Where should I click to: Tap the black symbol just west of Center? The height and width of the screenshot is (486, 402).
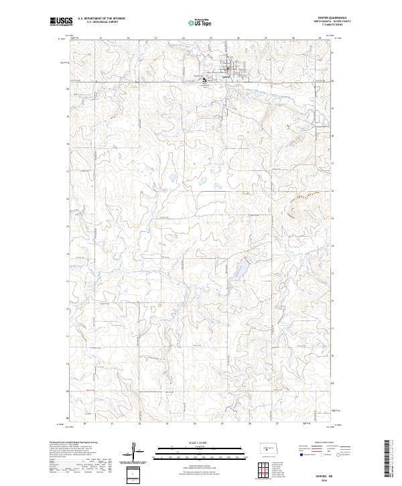(205, 80)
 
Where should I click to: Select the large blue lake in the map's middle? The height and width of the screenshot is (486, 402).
(235, 271)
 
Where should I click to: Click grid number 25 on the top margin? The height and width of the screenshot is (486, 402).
(211, 38)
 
